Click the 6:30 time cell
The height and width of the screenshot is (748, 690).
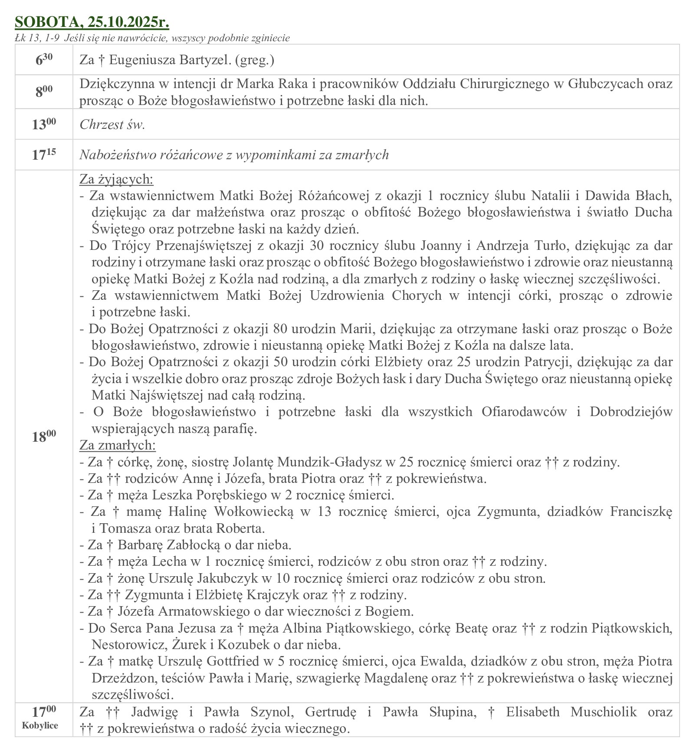coord(44,60)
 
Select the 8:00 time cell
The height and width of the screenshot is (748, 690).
coord(44,92)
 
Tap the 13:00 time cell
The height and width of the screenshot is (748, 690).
coord(44,125)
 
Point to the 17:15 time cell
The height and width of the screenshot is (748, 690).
coord(44,155)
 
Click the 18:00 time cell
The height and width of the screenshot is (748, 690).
coord(44,436)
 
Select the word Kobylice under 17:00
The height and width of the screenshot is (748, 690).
coord(40,725)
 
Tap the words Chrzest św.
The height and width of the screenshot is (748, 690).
coord(112,125)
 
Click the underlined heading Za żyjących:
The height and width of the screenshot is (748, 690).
coord(116,179)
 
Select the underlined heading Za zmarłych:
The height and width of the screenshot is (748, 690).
coord(117,445)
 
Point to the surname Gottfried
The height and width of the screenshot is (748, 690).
coord(240,661)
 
